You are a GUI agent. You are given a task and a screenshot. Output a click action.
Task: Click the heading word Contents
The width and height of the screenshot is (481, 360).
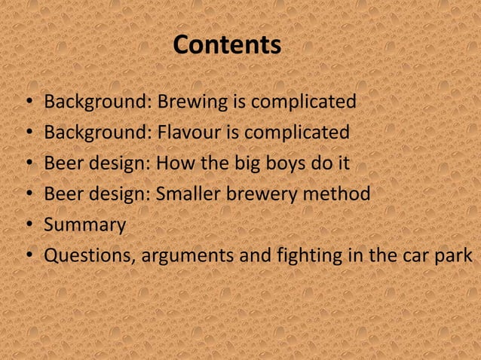[x=227, y=45]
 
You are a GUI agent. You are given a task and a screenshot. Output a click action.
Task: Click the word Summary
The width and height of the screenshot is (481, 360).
[x=84, y=225]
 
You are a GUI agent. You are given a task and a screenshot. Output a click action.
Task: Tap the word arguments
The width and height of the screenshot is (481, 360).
[x=186, y=257]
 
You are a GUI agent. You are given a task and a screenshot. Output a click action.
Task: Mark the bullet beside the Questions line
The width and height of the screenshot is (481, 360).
[x=28, y=257]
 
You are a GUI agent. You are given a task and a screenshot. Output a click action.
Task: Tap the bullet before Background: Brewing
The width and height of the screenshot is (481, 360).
[x=28, y=102]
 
